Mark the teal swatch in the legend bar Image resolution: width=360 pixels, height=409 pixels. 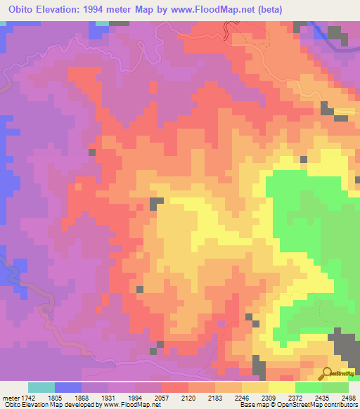pos(41,387)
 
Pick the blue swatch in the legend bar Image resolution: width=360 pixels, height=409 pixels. pos(67,387)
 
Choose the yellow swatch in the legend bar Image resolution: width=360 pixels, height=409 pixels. pos(281,387)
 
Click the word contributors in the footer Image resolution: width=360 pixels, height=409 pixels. pos(341,405)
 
